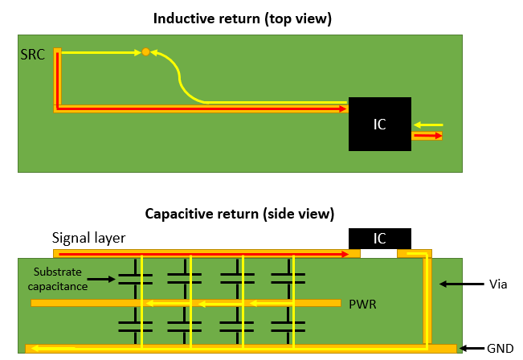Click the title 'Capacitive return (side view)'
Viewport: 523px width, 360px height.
point(239,214)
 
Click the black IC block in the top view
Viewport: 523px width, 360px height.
point(380,124)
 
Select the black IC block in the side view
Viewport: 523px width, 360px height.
point(380,238)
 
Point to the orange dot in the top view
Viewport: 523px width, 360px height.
point(145,52)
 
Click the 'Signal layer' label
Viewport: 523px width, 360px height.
point(88,238)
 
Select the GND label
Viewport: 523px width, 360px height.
point(496,349)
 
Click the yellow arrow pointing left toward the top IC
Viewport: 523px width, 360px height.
point(430,125)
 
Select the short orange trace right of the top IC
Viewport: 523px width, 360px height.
point(427,137)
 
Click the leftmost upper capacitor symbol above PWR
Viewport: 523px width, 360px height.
point(135,278)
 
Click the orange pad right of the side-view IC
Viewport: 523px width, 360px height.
point(415,254)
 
